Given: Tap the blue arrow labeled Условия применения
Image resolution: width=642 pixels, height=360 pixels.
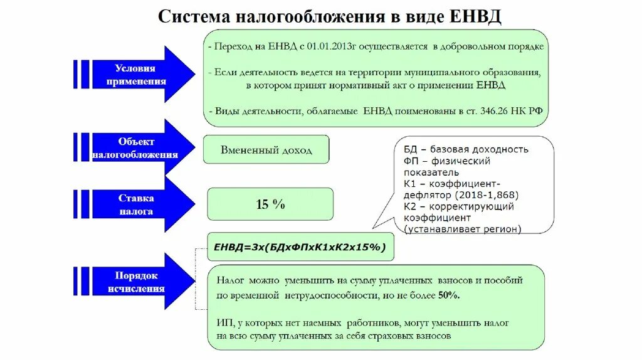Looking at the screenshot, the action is click(135, 75).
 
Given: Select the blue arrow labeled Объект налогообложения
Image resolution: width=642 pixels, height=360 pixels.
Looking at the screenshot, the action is click(135, 148).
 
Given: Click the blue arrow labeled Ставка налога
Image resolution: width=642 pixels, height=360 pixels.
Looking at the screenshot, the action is click(135, 204).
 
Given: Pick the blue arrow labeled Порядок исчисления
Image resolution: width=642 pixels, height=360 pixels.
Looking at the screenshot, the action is click(135, 282).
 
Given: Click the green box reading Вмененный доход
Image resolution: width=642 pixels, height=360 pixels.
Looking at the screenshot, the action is click(266, 150).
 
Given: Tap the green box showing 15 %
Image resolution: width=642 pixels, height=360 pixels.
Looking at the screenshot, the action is click(270, 204).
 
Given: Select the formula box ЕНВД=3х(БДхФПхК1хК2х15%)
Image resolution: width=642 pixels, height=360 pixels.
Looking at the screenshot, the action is click(300, 247).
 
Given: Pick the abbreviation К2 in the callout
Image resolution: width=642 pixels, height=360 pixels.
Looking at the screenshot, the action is click(410, 206).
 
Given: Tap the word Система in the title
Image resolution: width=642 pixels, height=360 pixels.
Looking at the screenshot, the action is click(192, 16).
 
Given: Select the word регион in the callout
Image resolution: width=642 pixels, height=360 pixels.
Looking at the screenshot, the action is click(502, 229).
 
